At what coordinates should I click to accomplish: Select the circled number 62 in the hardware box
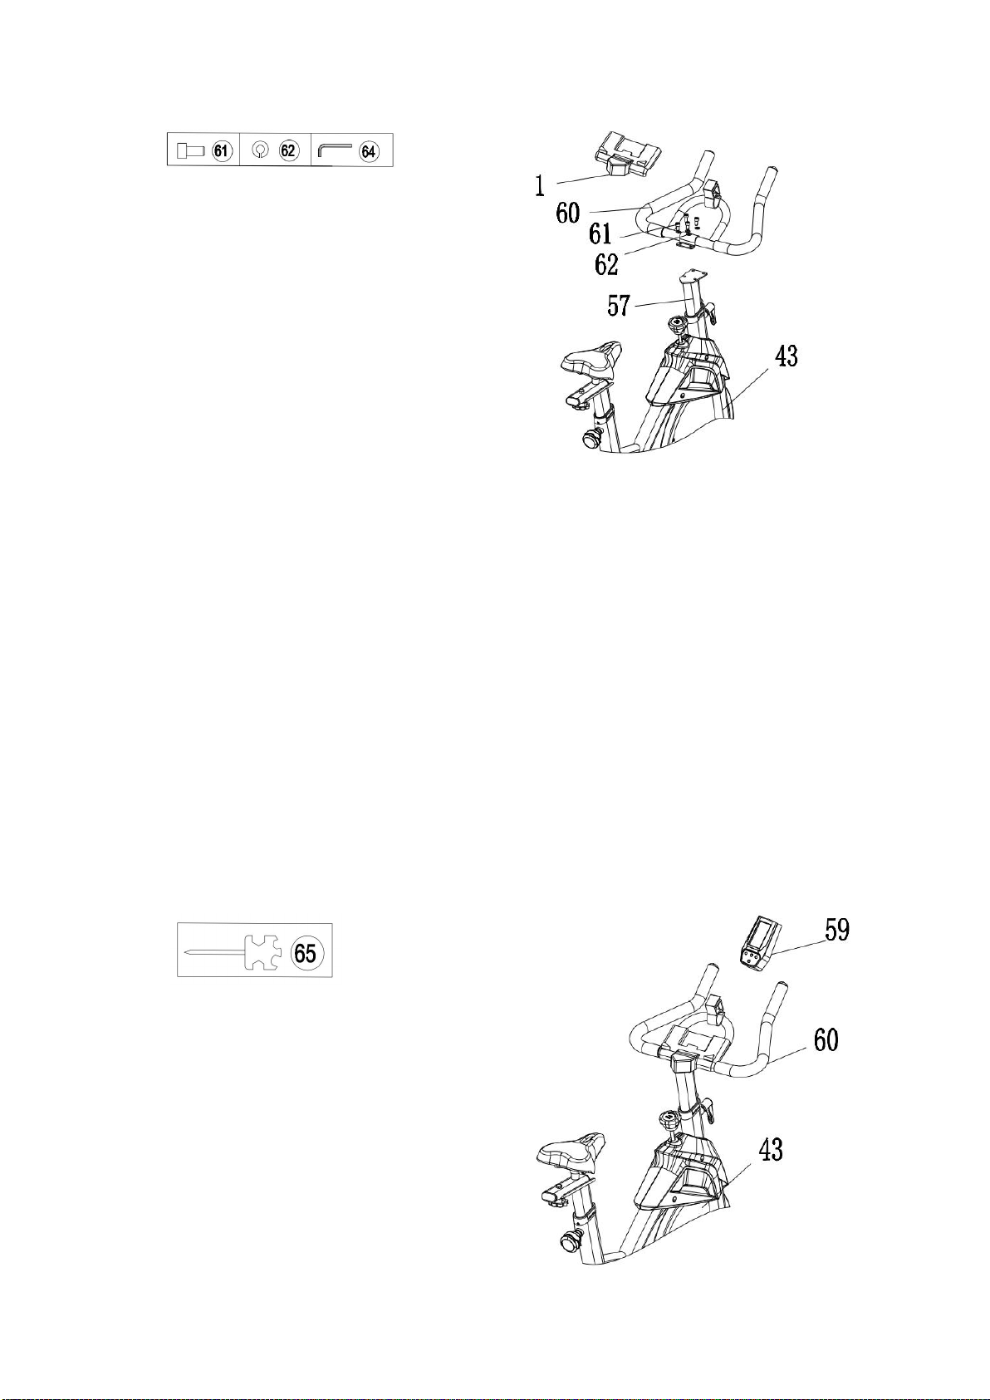(x=288, y=150)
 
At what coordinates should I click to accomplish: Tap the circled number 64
(x=369, y=151)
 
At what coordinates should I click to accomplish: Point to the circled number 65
(x=305, y=954)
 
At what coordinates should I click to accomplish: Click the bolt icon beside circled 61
(x=191, y=150)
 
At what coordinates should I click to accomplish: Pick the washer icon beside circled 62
(x=261, y=150)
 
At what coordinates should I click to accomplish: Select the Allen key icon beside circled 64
(x=336, y=150)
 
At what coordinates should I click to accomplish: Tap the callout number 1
(x=541, y=186)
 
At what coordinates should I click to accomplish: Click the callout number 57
(x=619, y=307)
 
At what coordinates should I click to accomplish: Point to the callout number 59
(x=837, y=930)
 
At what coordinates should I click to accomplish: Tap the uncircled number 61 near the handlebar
(x=600, y=233)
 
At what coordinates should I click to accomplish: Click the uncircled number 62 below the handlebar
(x=605, y=265)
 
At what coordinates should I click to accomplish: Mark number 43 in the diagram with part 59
(x=770, y=1149)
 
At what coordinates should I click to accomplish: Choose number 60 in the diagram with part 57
(x=568, y=214)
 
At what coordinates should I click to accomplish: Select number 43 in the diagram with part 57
(x=786, y=356)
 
